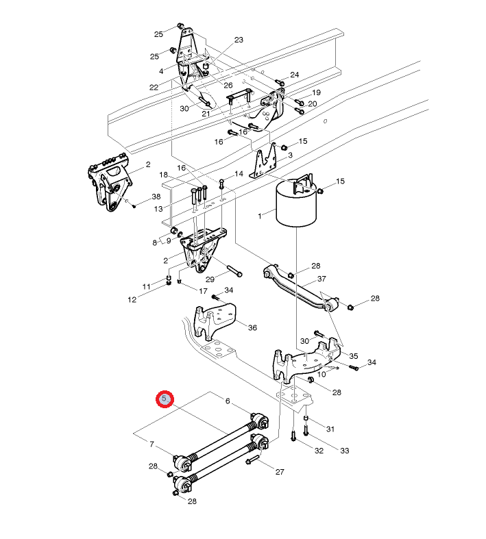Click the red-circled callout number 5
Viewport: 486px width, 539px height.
(165, 399)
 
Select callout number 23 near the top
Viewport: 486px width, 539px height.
(239, 40)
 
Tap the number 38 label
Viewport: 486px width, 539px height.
(156, 197)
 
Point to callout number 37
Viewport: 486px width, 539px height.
(321, 279)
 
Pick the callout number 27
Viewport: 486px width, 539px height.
(280, 472)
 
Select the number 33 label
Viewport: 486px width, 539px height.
(345, 451)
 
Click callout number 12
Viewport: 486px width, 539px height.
(132, 300)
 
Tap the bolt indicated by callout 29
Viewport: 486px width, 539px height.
(234, 271)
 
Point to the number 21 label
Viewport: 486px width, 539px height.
(206, 114)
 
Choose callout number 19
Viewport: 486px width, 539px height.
(317, 92)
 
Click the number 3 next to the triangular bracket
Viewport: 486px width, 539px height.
(290, 155)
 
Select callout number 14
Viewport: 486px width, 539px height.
(239, 174)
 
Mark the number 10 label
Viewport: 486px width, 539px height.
(321, 374)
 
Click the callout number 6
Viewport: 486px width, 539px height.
(228, 401)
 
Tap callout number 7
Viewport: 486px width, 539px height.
(151, 444)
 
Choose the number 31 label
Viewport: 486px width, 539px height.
(330, 429)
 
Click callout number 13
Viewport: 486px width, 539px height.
(158, 209)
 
